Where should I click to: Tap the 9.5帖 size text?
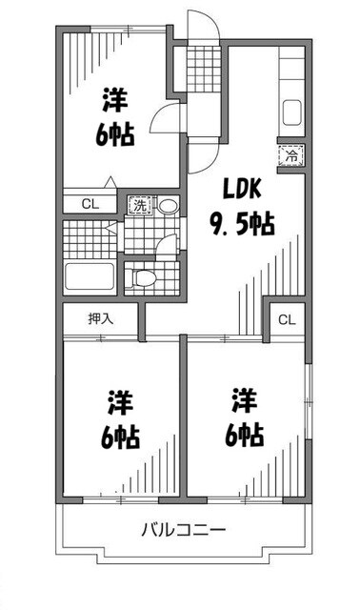[x=243, y=224]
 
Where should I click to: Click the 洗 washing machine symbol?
[x=139, y=204]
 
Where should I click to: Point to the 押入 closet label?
[x=101, y=318]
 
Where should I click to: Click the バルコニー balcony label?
[x=185, y=529]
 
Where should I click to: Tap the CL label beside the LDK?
[x=287, y=320]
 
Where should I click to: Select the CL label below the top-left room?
[x=89, y=202]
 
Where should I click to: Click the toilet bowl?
[x=144, y=277]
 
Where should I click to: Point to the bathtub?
[x=90, y=278]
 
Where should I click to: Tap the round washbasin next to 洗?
[x=168, y=204]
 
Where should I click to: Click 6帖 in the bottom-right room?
[x=245, y=434]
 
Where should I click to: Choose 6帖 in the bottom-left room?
[x=119, y=437]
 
